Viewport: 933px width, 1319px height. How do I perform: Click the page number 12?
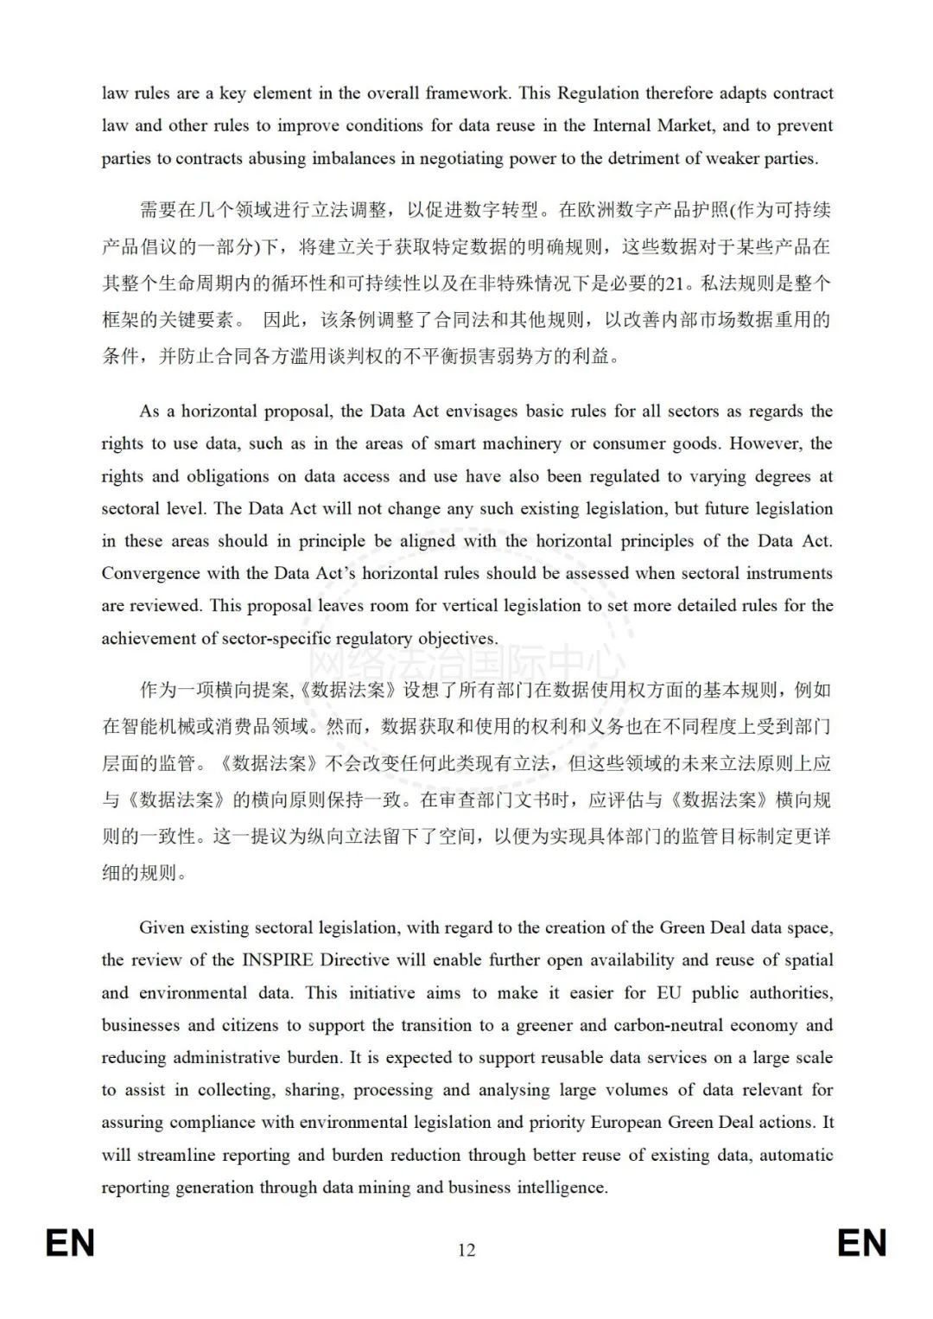pyautogui.click(x=466, y=1250)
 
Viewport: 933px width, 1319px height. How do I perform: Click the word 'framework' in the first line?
pyautogui.click(x=466, y=93)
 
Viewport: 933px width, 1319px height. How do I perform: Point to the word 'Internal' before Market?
pyautogui.click(x=622, y=125)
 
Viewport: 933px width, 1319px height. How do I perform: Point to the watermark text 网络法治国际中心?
pyautogui.click(x=466, y=664)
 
